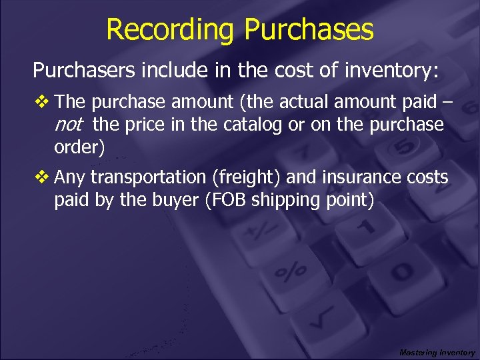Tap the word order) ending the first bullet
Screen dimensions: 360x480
pos(79,147)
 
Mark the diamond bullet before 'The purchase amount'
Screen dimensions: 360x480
pos(43,102)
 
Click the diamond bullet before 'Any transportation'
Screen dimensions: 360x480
pos(43,177)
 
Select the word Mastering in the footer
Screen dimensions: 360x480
pos(417,352)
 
